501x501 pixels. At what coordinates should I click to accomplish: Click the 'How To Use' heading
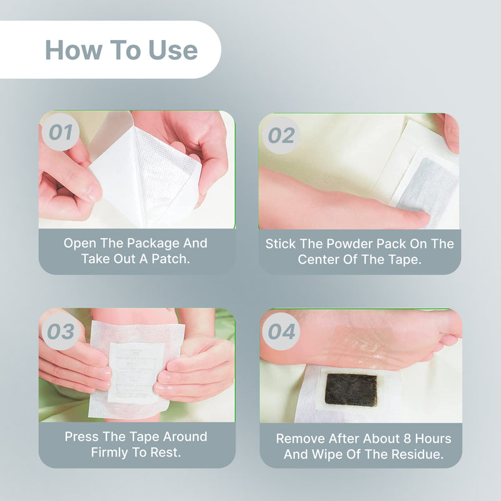tap(121, 50)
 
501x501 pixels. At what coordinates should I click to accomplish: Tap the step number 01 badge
tap(61, 133)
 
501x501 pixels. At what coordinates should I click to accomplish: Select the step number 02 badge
tap(281, 135)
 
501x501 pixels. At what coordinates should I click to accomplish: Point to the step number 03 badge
tap(61, 331)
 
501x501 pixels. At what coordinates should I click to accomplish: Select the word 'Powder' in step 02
tap(344, 244)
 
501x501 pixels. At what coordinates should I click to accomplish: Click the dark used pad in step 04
tap(351, 390)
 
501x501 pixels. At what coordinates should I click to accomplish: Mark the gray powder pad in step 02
tap(427, 183)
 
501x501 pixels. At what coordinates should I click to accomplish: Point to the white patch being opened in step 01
tap(145, 172)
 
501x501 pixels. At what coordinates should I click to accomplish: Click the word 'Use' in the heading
tap(173, 50)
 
